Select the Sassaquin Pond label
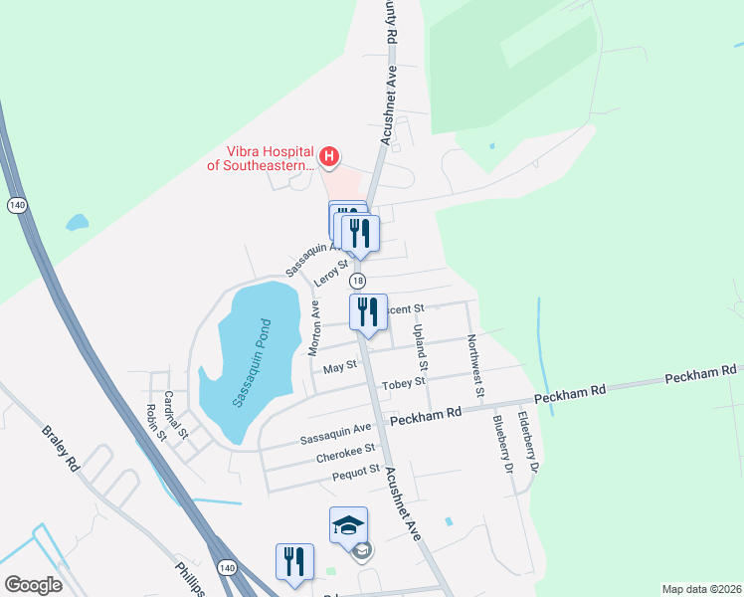click(x=251, y=362)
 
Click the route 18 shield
click(x=357, y=282)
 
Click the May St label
click(x=340, y=368)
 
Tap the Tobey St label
click(x=405, y=381)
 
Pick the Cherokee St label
click(x=344, y=458)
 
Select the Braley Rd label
click(x=60, y=448)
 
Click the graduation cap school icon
click(x=349, y=524)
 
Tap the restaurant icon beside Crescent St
click(x=368, y=311)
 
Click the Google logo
click(x=33, y=585)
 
